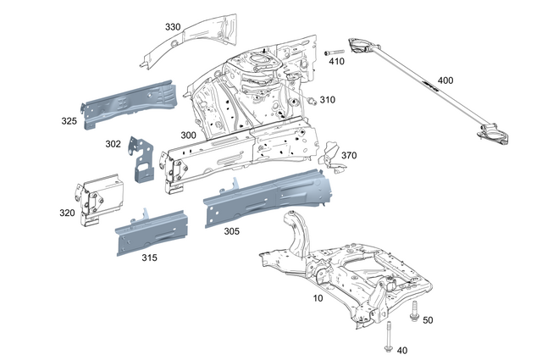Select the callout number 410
[x=336, y=62]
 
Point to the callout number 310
[x=327, y=100]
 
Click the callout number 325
[x=69, y=121]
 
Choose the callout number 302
[x=113, y=143]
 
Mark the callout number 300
[x=188, y=136]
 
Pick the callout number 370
[x=349, y=156]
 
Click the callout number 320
[x=67, y=213]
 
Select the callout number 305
[x=231, y=230]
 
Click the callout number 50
[x=428, y=319]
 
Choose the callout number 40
[x=401, y=350]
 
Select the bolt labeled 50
[x=414, y=312]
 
